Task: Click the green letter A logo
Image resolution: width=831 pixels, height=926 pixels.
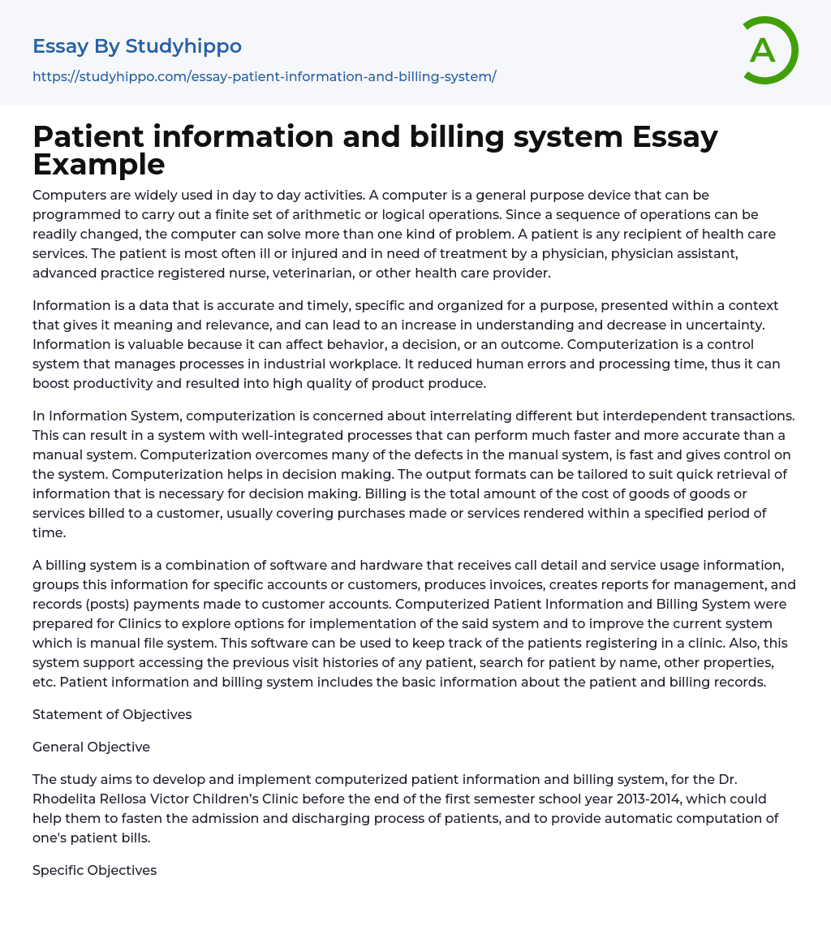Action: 768,50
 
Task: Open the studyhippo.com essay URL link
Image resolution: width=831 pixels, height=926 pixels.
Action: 264,76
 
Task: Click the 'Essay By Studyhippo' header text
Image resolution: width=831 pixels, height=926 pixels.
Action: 137,46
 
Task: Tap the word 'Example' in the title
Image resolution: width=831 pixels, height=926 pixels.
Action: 99,164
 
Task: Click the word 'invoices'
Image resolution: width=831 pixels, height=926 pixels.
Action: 477,584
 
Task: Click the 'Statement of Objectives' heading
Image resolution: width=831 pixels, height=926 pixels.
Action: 112,714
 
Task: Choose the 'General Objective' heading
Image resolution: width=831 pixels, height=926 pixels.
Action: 91,747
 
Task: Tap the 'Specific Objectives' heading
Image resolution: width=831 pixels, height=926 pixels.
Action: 94,870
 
